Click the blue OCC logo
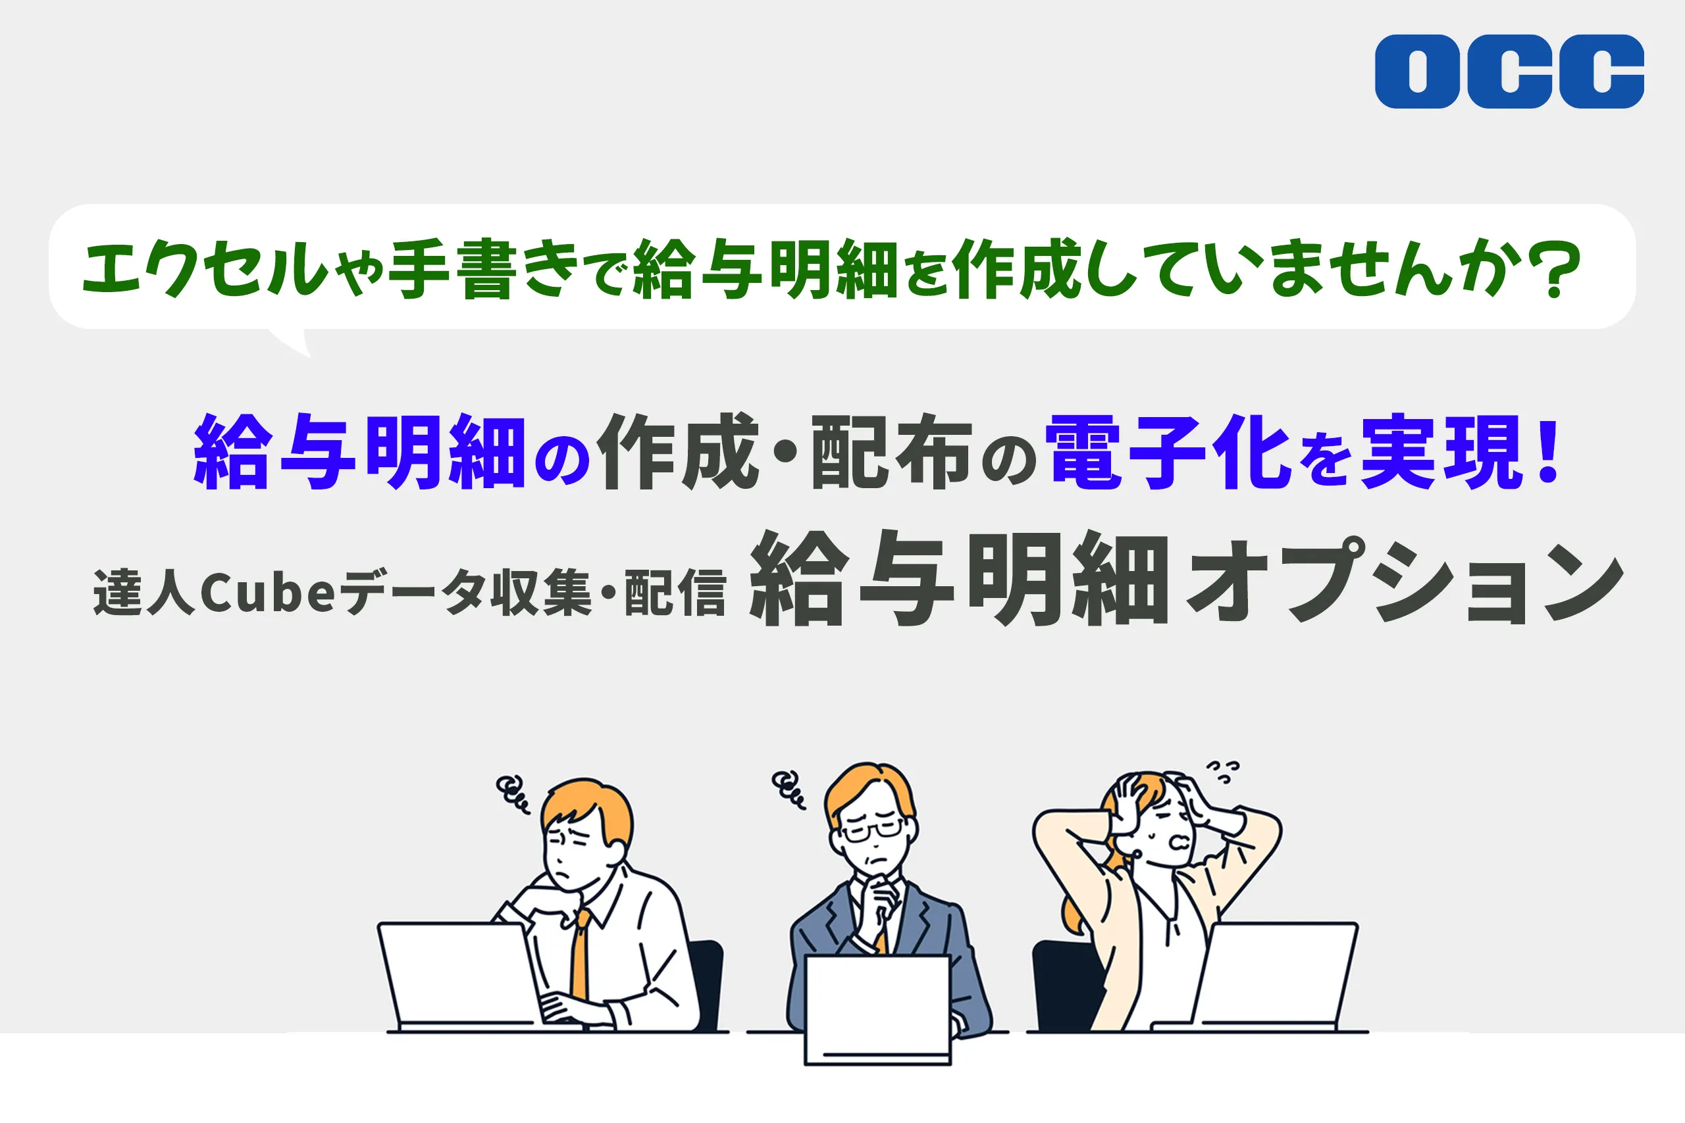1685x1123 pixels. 1509,72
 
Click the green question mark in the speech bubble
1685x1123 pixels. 1557,268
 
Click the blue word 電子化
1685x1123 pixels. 1168,453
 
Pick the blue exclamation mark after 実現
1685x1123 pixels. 1548,453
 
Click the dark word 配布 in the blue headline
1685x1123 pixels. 891,453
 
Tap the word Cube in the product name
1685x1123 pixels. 267,593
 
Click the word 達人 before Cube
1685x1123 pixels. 144,593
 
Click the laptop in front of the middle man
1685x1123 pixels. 877,1010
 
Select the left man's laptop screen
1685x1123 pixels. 459,976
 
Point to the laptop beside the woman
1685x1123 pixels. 1268,977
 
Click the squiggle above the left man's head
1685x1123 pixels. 512,794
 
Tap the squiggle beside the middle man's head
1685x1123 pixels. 787,790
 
